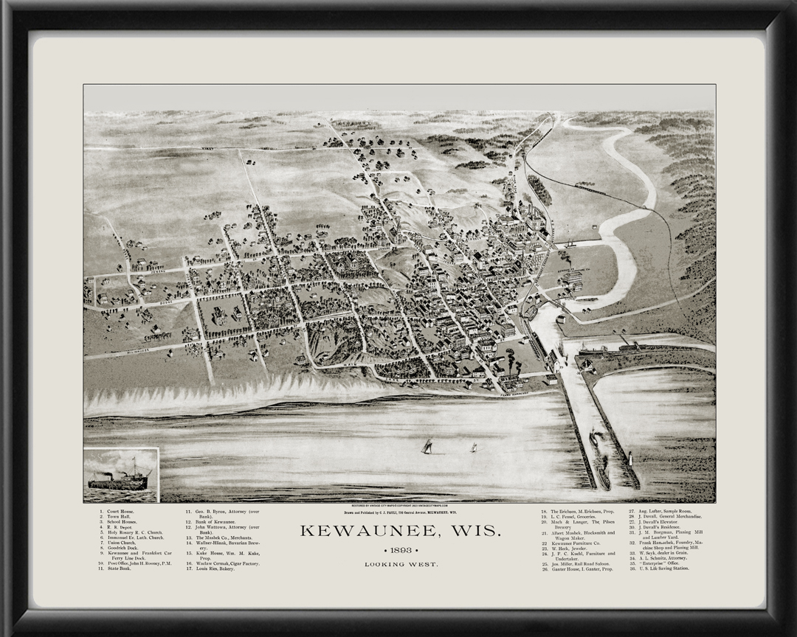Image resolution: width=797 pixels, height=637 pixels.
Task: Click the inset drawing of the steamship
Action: [120, 475]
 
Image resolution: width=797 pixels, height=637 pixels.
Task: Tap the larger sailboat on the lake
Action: [427, 446]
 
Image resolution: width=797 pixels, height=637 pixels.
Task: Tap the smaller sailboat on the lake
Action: [473, 448]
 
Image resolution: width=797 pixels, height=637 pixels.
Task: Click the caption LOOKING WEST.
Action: [401, 565]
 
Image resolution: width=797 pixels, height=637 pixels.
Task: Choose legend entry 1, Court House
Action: [118, 511]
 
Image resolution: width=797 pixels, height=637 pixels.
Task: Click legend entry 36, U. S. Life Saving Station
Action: [659, 569]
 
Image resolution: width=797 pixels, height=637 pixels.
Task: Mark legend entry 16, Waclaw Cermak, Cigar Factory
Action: [223, 564]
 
